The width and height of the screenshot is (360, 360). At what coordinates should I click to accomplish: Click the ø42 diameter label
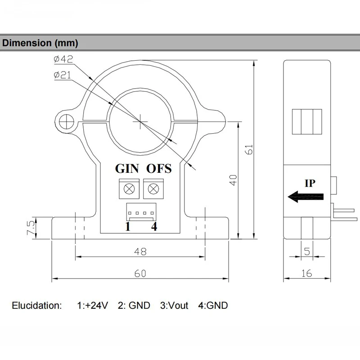tap(63, 59)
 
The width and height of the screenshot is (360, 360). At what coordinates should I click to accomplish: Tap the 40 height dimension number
tap(232, 180)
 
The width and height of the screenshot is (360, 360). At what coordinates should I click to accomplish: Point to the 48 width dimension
tap(140, 252)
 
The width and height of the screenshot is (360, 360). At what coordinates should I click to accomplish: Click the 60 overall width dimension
tap(140, 274)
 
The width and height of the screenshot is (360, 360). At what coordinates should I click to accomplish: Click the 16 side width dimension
tap(307, 274)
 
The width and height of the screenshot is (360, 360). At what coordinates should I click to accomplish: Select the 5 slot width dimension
tap(307, 252)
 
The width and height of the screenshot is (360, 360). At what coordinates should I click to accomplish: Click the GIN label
tap(128, 169)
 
